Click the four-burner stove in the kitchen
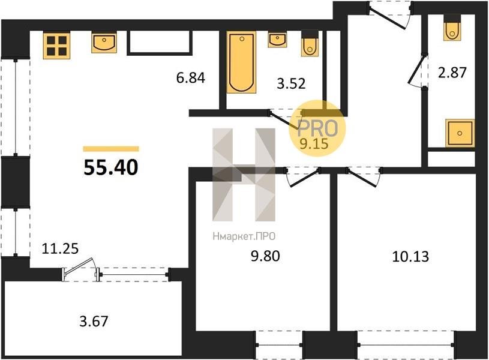click(56, 46)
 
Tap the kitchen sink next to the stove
click(104, 42)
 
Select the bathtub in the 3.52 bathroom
click(241, 62)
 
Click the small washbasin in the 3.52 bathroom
click(277, 40)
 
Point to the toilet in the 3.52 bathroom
click(310, 43)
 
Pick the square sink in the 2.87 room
click(460, 133)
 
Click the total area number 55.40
click(111, 167)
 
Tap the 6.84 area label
click(191, 77)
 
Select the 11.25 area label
click(60, 248)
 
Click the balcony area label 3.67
click(94, 322)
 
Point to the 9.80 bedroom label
click(265, 256)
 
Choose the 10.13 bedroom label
click(410, 256)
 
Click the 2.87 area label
click(452, 73)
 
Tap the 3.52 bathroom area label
click(291, 83)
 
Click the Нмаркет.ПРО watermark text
click(244, 236)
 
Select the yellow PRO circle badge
click(317, 128)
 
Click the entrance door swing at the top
click(390, 16)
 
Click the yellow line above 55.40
click(111, 149)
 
